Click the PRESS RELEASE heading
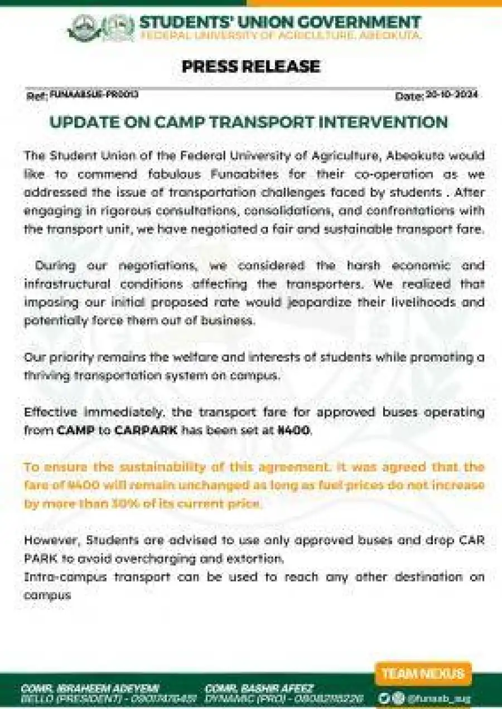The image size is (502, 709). (251, 67)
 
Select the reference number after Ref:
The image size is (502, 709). (94, 95)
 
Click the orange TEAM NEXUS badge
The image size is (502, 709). (423, 673)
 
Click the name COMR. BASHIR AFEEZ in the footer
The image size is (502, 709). (259, 688)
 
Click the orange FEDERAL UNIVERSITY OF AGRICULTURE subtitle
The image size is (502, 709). (279, 36)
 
